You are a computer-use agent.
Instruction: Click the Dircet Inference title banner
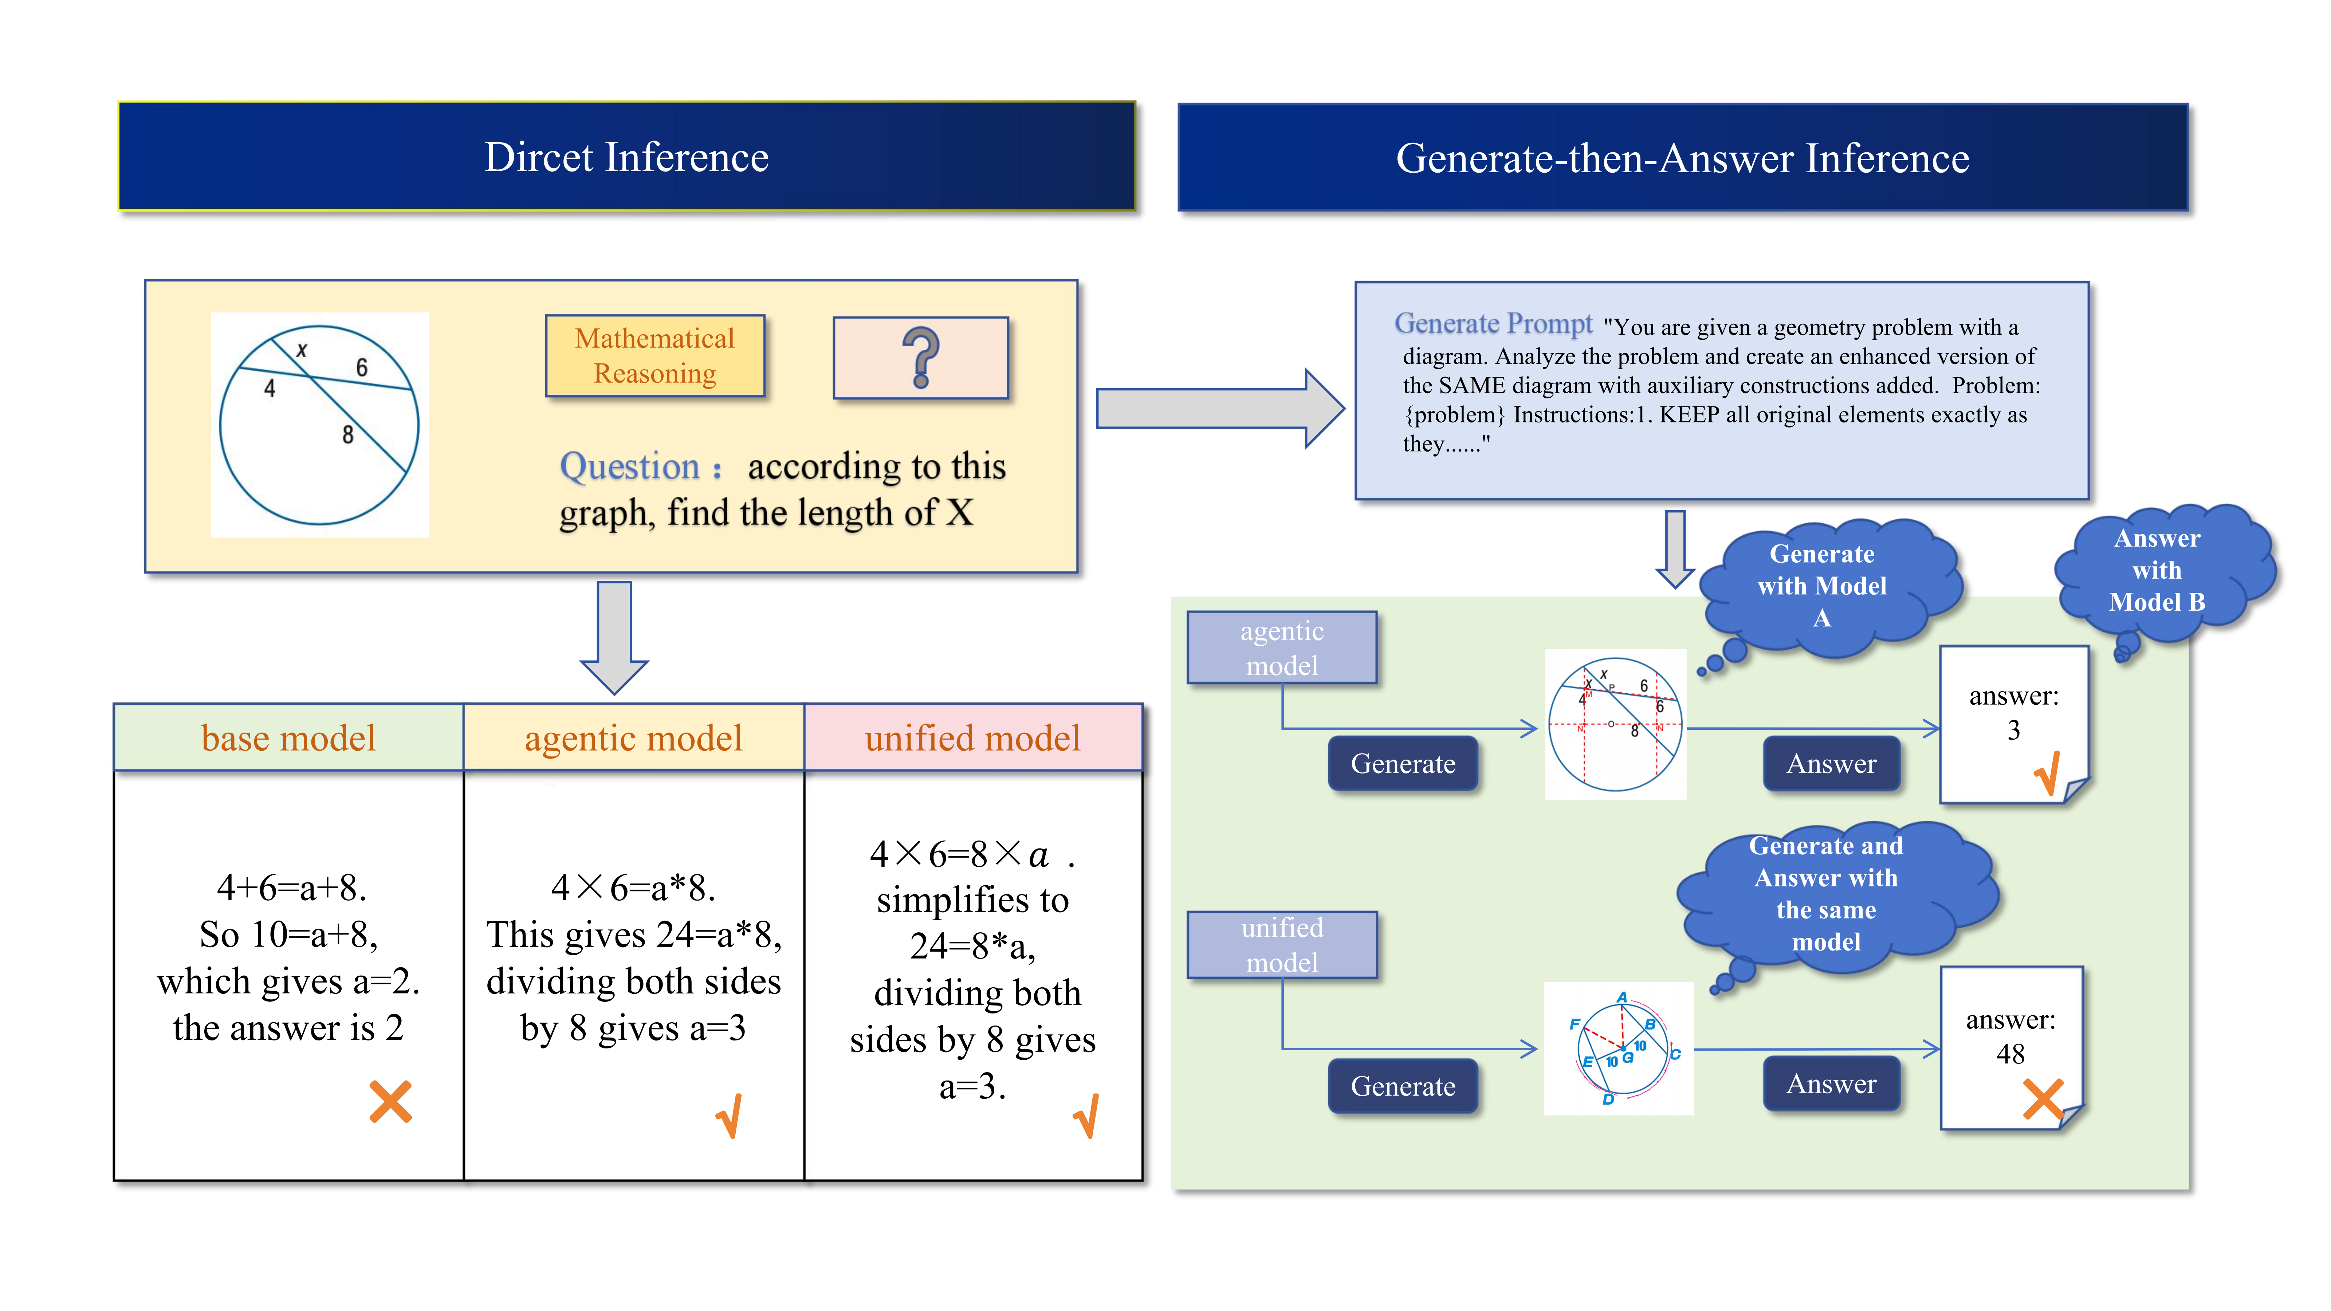(x=626, y=157)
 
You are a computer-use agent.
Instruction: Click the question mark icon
(x=920, y=357)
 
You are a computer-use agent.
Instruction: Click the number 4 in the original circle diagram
(x=269, y=389)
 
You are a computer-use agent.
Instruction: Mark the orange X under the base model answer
(x=390, y=1102)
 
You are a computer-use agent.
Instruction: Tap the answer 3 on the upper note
(x=2013, y=730)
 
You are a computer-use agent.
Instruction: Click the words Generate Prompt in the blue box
(x=1493, y=324)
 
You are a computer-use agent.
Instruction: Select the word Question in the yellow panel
(x=630, y=467)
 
